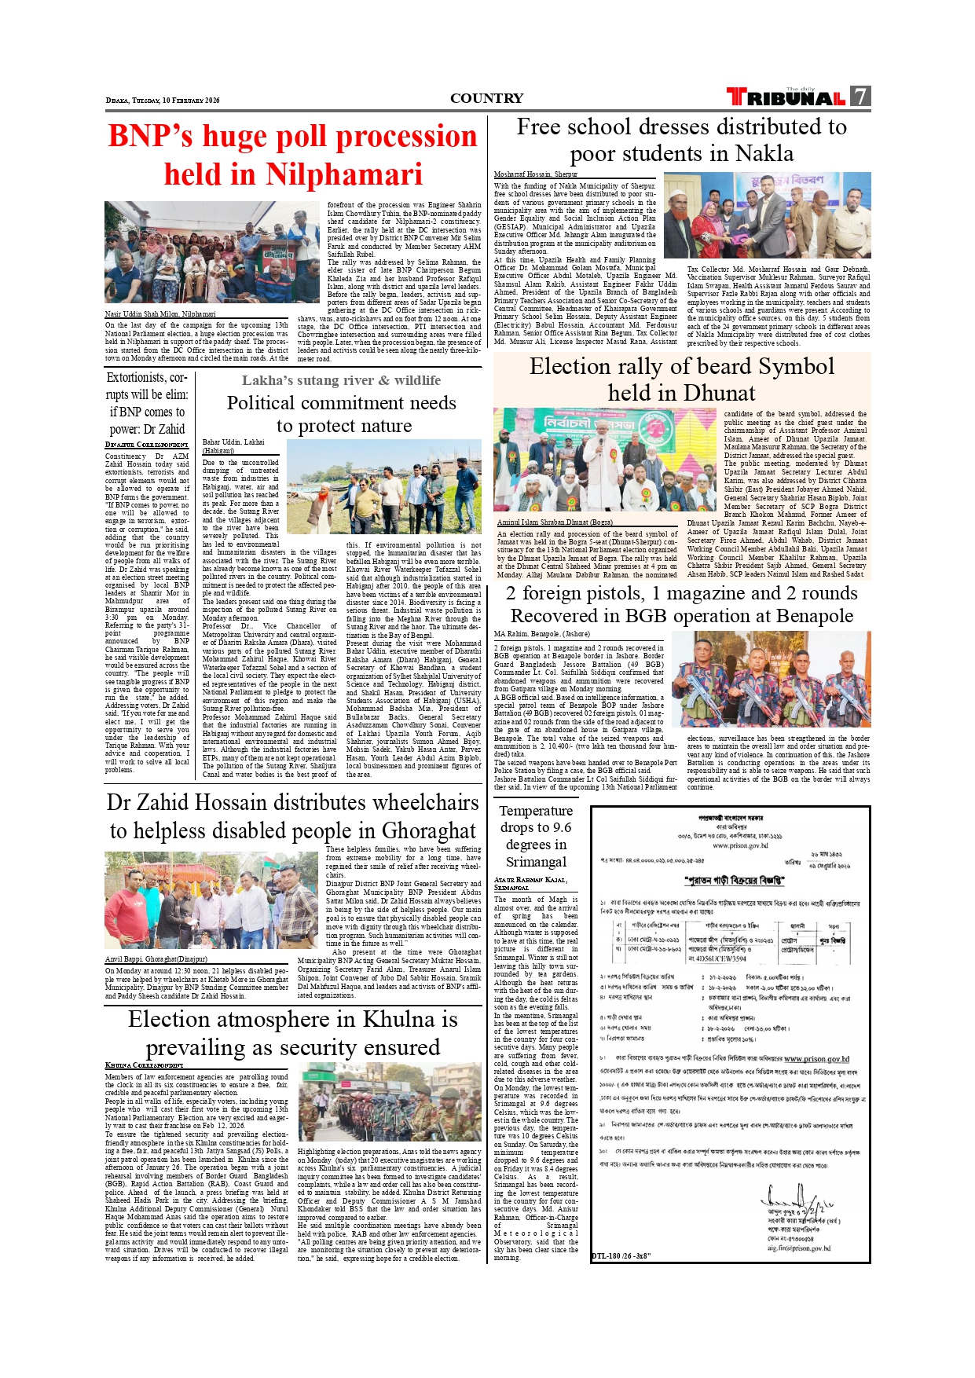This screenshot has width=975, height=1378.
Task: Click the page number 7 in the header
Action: pos(861,97)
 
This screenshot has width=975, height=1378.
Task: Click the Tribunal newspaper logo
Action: pos(786,97)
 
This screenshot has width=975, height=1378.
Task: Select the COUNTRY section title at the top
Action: pos(486,98)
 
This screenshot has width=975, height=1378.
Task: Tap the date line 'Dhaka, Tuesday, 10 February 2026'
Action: pos(163,101)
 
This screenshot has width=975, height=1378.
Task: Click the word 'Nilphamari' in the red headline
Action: pos(344,174)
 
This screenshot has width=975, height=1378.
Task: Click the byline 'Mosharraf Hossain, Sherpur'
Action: pos(535,174)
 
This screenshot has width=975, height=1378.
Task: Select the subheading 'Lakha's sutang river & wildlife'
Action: pos(341,380)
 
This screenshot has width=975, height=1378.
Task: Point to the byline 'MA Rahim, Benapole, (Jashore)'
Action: pos(541,634)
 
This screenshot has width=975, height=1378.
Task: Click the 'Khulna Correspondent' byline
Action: pos(144,1065)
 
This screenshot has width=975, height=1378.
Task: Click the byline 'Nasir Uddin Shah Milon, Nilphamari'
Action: pos(160,314)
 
